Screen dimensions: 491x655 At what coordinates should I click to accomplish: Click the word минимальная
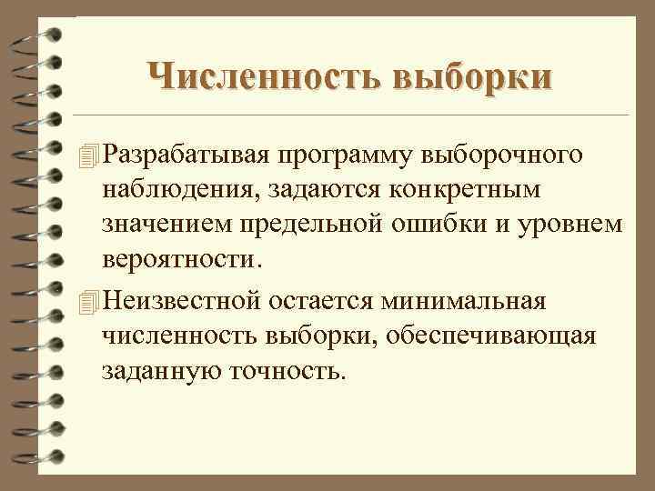point(477,299)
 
